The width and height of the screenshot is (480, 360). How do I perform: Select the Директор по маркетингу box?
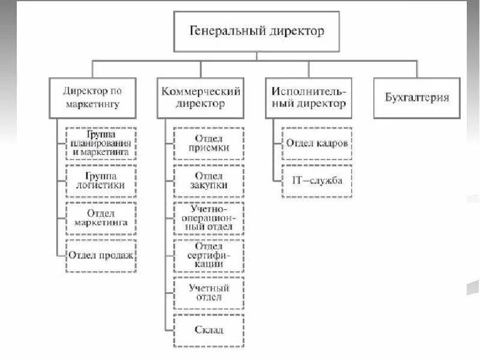[92, 97]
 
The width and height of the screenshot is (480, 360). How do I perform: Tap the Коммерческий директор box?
[201, 97]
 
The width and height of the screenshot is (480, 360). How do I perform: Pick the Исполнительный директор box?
[308, 97]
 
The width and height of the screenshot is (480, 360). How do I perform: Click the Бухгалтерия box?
[416, 97]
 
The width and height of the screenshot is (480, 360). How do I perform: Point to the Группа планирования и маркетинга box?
[100, 143]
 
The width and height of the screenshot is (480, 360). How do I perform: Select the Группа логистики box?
[100, 180]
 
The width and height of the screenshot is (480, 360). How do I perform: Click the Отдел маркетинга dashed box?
[100, 217]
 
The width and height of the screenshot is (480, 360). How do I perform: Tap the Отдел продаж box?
[100, 254]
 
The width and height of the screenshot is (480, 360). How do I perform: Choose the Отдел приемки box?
[209, 143]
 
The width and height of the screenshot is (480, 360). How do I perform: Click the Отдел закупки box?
[209, 180]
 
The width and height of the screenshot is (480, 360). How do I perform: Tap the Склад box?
[209, 329]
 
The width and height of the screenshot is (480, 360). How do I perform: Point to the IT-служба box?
[317, 180]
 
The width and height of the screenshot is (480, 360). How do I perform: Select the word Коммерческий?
[201, 91]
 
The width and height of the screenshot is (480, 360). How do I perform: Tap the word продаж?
[117, 254]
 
